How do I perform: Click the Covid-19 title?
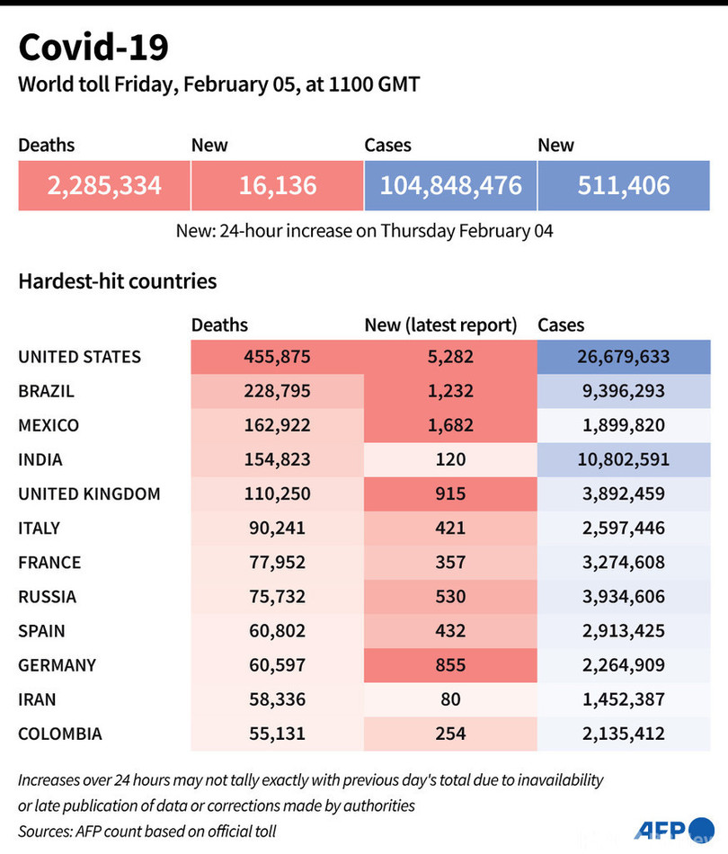93,47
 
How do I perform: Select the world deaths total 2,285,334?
104,185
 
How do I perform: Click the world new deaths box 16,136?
277,185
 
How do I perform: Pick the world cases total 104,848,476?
450,185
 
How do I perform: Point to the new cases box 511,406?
624,185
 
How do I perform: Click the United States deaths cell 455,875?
277,357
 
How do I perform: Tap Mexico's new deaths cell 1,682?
450,425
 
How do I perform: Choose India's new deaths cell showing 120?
450,459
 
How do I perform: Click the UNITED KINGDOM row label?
89,494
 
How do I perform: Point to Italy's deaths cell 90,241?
277,528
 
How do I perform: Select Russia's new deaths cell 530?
450,596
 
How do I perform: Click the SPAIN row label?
41,630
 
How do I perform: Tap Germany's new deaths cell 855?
450,665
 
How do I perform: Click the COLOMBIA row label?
60,734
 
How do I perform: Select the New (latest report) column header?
440,325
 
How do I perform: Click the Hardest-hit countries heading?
117,280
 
